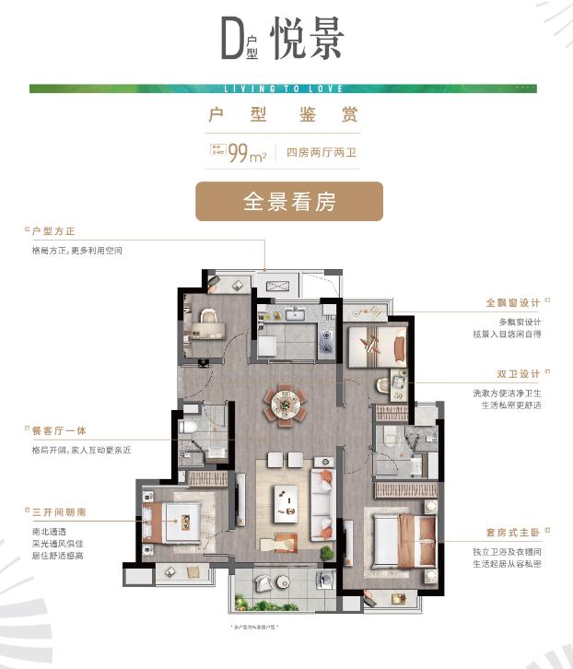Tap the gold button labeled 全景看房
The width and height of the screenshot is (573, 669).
click(x=288, y=202)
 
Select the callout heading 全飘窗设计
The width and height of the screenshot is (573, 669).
click(x=513, y=302)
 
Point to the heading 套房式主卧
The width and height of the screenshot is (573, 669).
click(x=513, y=533)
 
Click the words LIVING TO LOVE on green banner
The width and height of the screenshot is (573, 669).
click(x=284, y=89)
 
